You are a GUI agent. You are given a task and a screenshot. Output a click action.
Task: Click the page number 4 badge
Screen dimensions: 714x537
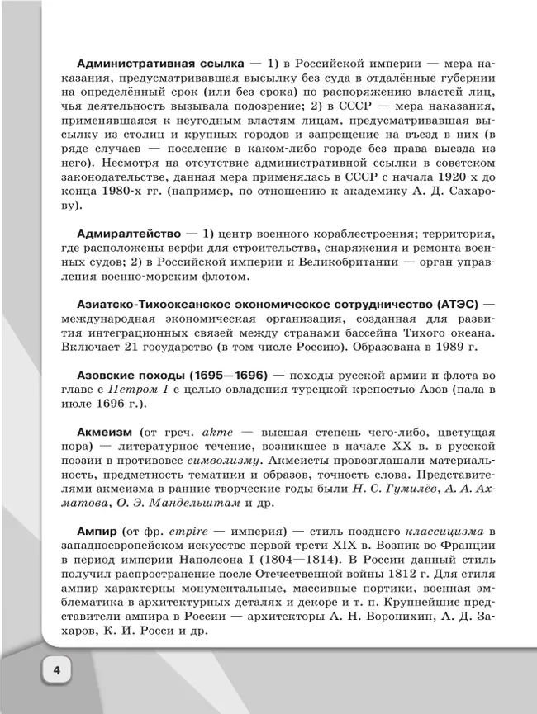pos(56,669)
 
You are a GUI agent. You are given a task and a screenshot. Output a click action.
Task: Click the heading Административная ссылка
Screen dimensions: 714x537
pos(160,63)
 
